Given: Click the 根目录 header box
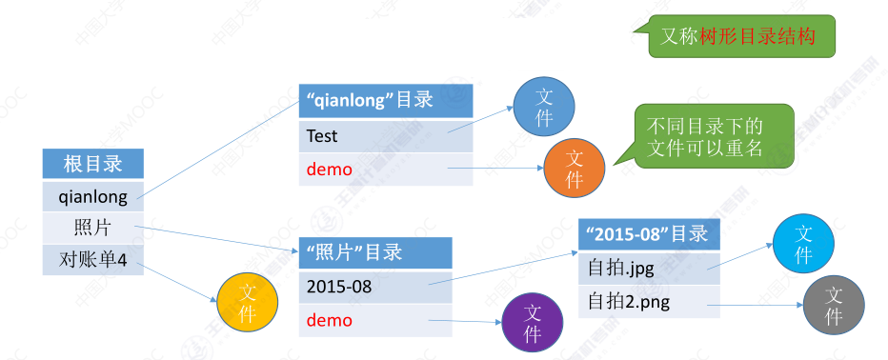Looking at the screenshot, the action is click(x=92, y=164).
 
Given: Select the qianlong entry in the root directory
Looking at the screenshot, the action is click(x=92, y=196).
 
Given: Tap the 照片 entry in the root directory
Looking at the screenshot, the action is click(x=92, y=229).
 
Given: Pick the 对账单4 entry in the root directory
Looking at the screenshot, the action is click(x=92, y=260).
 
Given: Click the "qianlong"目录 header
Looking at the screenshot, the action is click(x=386, y=101).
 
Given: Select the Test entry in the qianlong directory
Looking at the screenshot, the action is click(x=386, y=136).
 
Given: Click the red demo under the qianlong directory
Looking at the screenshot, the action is click(x=386, y=170).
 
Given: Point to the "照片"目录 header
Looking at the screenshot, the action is click(x=375, y=252).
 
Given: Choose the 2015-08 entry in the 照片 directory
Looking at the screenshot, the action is click(x=375, y=287).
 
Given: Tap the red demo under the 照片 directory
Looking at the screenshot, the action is click(x=375, y=320).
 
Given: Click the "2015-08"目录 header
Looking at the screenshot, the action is click(x=649, y=234).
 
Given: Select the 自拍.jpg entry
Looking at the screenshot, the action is click(x=649, y=269).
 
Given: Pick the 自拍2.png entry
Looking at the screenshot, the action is click(x=649, y=302).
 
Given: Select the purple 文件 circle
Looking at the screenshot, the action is click(x=533, y=323).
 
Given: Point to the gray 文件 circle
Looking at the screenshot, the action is click(x=834, y=307).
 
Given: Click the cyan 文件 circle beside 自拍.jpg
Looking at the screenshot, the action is click(x=803, y=244).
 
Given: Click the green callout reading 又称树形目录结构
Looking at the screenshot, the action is click(x=738, y=36).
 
